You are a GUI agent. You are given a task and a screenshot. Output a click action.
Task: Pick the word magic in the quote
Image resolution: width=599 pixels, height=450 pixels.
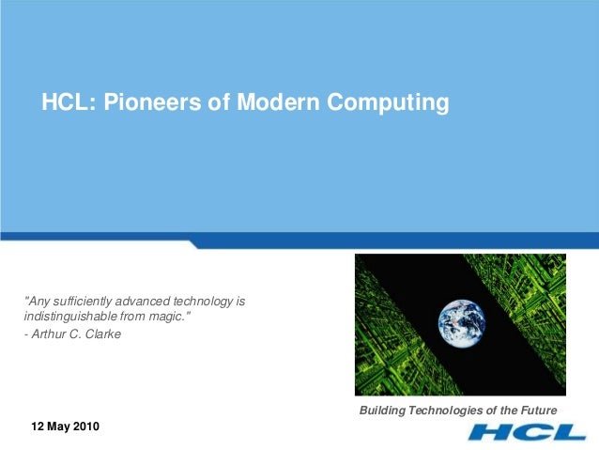pyautogui.click(x=172, y=318)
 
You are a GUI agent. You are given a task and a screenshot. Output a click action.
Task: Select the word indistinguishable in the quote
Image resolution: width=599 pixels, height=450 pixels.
pyautogui.click(x=69, y=318)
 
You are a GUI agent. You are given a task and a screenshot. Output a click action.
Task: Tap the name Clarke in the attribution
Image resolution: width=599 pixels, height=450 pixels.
pyautogui.click(x=102, y=334)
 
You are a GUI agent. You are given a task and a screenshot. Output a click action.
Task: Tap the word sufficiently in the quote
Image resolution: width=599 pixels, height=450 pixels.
pyautogui.click(x=81, y=302)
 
